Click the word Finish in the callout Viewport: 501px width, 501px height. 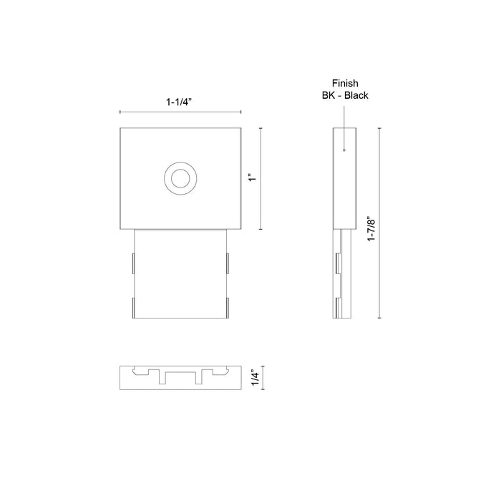pyautogui.click(x=345, y=83)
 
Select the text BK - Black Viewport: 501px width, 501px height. pyautogui.click(x=345, y=95)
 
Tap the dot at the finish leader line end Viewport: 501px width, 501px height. pyautogui.click(x=344, y=150)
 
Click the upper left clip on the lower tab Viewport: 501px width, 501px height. pyautogui.click(x=133, y=262)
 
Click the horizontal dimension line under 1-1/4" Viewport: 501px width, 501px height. pyautogui.click(x=180, y=112)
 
